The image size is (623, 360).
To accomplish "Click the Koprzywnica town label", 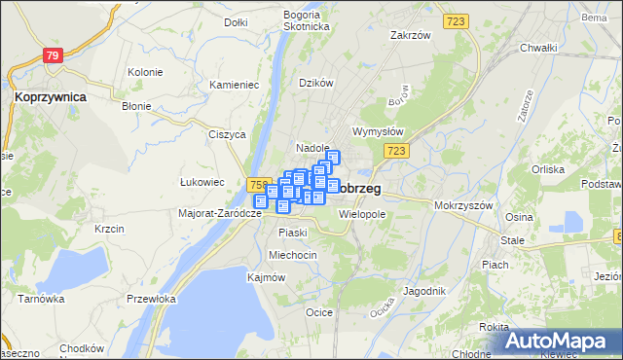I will [x=50, y=97].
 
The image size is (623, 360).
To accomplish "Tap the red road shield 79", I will [x=54, y=56].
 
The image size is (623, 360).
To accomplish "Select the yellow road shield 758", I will [x=258, y=184].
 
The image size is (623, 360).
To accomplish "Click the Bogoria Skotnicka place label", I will [x=301, y=20].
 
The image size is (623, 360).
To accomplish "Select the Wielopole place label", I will [x=363, y=213].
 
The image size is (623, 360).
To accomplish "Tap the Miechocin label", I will [x=293, y=255].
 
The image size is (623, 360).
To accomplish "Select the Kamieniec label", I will [x=234, y=85].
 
